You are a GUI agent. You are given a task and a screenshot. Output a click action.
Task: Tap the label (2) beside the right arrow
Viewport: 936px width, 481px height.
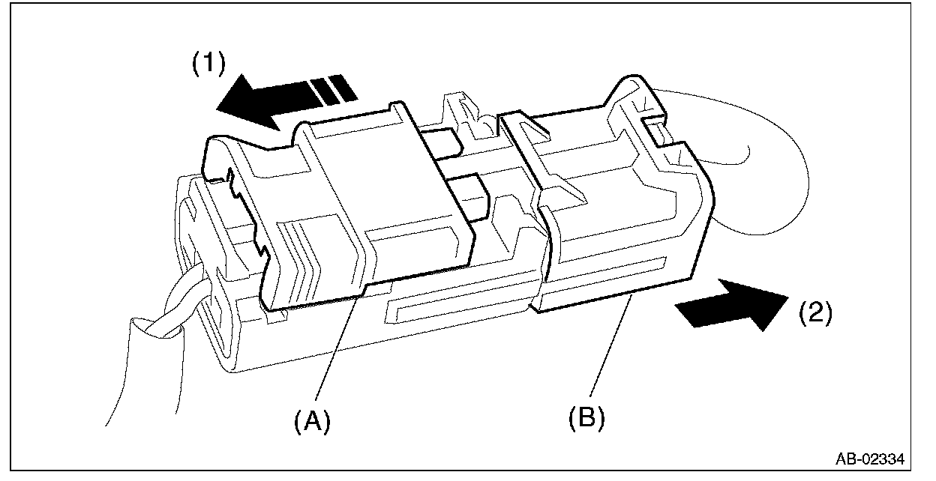click(x=814, y=312)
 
